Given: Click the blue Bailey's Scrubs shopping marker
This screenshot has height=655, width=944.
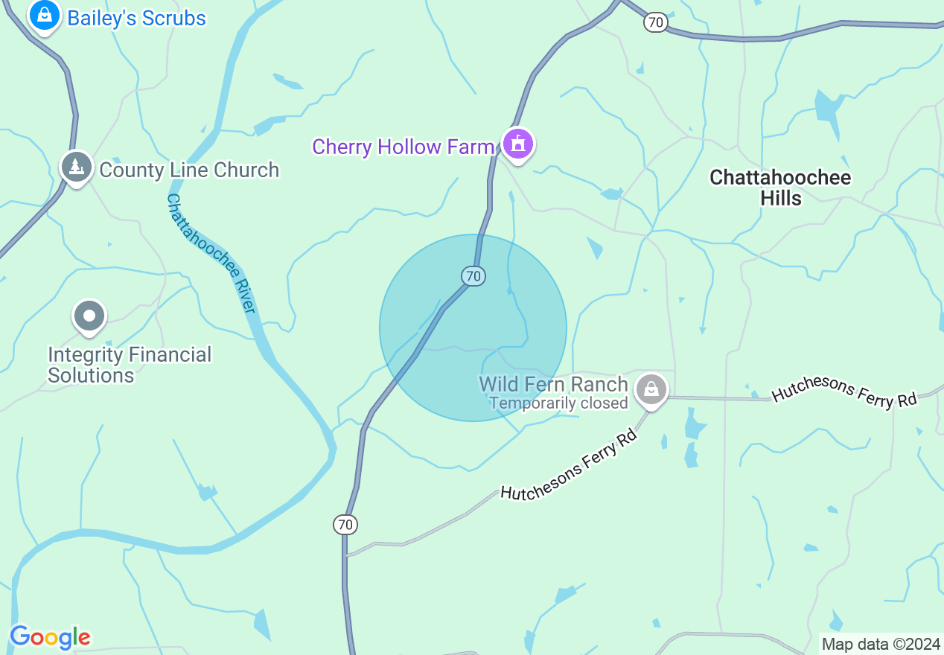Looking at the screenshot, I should click(45, 15).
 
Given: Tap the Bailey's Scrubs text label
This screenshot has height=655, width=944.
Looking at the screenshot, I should click(136, 18).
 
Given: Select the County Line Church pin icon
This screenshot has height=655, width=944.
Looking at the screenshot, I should click(76, 167).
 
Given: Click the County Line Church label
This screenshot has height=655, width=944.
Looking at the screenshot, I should click(189, 170).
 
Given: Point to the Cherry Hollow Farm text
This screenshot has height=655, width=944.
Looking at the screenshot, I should click(403, 147).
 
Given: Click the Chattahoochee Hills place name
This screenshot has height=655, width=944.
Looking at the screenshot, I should click(780, 188).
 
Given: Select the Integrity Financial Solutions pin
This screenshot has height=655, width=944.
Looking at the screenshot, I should click(89, 316).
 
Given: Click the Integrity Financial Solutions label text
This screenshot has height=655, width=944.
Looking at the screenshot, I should click(130, 365).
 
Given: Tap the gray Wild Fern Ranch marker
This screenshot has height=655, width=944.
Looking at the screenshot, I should click(651, 389).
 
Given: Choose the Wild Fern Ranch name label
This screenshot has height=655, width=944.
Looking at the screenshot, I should click(553, 384).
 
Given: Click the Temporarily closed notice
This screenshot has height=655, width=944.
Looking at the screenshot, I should click(558, 403).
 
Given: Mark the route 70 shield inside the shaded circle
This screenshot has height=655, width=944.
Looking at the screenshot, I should click(473, 276).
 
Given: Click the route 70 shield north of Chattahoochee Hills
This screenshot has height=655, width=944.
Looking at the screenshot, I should click(655, 22).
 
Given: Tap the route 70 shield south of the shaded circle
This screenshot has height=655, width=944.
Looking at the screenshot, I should click(345, 525).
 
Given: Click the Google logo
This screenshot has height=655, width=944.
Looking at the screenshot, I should click(50, 637).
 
